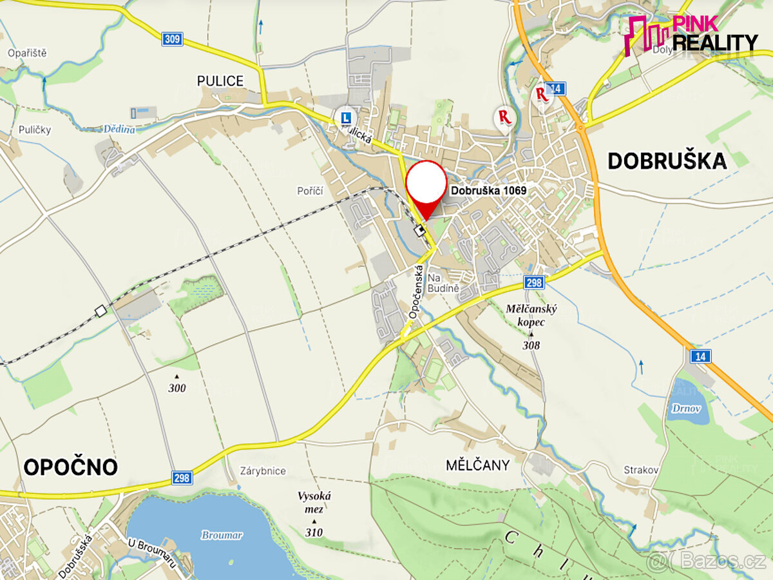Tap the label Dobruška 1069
point(488,191)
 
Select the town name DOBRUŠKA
point(667,161)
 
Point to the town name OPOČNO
point(71,467)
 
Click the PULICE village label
point(220,81)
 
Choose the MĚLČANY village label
point(477,465)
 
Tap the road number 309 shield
point(173,39)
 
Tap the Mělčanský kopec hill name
point(531,315)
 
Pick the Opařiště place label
point(28,53)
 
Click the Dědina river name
point(119,129)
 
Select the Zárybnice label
point(262,470)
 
